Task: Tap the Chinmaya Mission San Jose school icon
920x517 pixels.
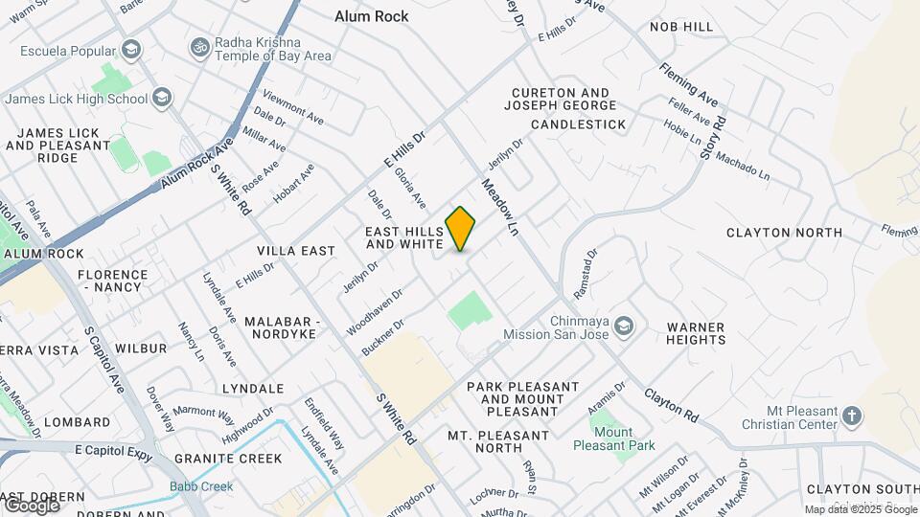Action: (624, 327)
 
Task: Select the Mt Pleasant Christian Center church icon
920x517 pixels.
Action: (852, 416)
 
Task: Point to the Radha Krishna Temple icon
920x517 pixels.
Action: (200, 47)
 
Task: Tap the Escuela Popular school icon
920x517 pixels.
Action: (131, 49)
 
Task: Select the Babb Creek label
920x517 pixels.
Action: (201, 486)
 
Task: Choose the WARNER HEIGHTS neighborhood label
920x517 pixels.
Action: (696, 333)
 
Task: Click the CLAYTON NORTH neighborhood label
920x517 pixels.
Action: (784, 232)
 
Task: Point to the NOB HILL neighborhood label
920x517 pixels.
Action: (681, 27)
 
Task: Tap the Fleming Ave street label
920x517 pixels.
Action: (688, 84)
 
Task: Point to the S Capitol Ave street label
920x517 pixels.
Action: (104, 359)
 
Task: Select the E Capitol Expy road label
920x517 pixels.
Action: (104, 450)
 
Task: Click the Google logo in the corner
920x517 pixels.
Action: (31, 504)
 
